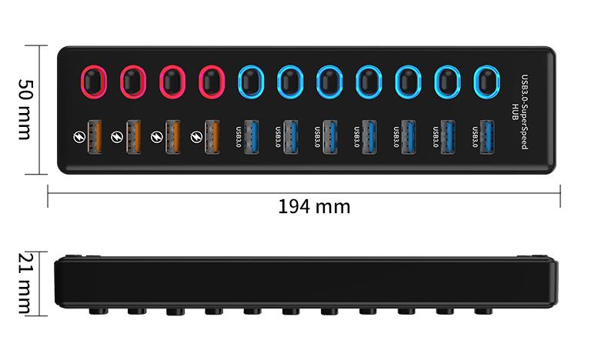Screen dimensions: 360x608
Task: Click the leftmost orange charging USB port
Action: (x=94, y=137)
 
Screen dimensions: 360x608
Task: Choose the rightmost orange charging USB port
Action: (x=212, y=137)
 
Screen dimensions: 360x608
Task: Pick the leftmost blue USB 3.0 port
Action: (x=251, y=137)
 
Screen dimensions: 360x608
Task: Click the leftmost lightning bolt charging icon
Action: (x=78, y=138)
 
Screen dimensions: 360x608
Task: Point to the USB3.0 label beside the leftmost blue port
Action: (x=238, y=137)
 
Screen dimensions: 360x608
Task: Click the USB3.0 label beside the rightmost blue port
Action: (x=473, y=137)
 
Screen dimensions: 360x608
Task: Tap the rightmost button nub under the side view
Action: (x=483, y=312)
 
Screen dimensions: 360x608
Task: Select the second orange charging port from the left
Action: (x=133, y=137)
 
